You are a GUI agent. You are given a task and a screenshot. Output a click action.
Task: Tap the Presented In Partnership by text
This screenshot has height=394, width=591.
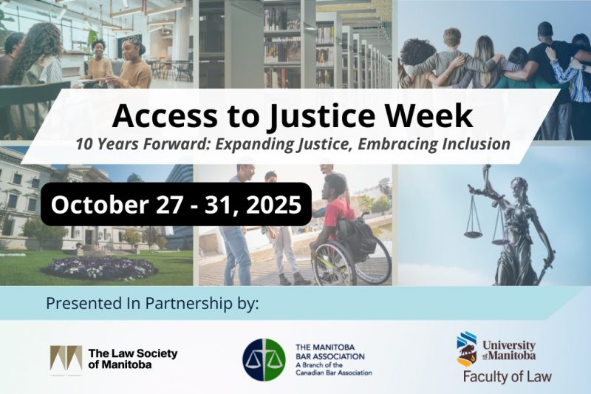pos(152,304)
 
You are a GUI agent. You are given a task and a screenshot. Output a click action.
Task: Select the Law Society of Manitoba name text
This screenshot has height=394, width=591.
pos(132,359)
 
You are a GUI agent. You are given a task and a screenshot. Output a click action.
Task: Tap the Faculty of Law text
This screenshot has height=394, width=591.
pos(507,376)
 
